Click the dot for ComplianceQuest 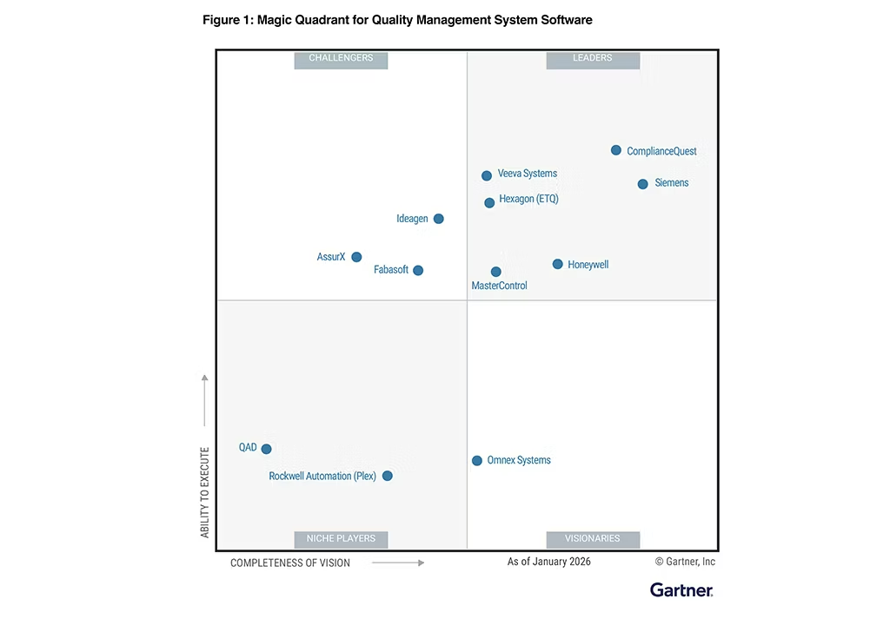[x=616, y=150]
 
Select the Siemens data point [x=642, y=184]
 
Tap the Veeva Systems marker [x=487, y=175]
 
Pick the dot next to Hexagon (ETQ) [x=489, y=202]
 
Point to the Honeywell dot [x=557, y=264]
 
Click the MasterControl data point [x=495, y=272]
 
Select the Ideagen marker [x=438, y=219]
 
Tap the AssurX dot [x=356, y=257]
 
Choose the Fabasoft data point [x=418, y=270]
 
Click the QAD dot [x=266, y=449]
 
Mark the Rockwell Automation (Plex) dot [x=387, y=476]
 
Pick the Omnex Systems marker [x=476, y=460]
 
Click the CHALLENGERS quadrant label [x=341, y=59]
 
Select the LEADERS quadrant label [x=593, y=59]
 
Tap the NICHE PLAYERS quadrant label [x=341, y=539]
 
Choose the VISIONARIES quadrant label [x=593, y=539]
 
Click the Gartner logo [x=681, y=590]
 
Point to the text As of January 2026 [x=548, y=562]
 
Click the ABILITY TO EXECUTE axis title [x=205, y=492]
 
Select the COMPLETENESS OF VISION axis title [x=290, y=563]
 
